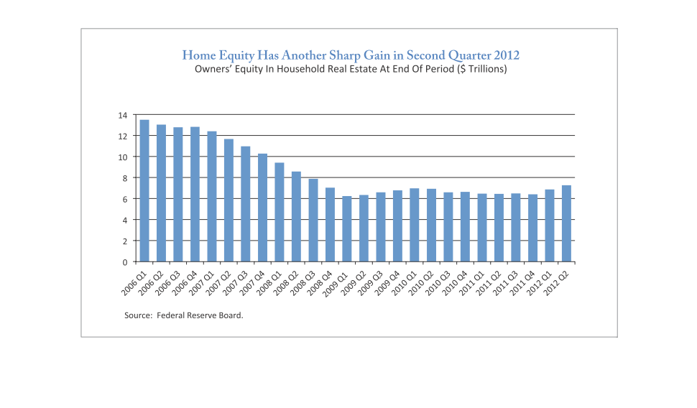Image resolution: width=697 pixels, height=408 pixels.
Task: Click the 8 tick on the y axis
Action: click(x=124, y=178)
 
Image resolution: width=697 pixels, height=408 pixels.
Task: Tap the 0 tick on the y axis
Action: click(x=124, y=262)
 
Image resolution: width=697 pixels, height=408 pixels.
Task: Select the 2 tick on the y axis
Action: click(x=124, y=241)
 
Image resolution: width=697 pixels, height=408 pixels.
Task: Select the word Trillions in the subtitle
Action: click(x=481, y=70)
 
